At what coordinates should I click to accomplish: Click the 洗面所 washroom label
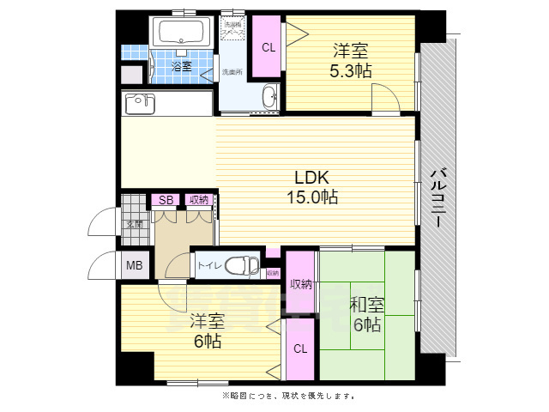point(232,72)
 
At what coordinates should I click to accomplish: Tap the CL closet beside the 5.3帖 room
point(268,47)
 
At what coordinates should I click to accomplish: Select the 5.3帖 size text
point(351,71)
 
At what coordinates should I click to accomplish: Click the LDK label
point(312,178)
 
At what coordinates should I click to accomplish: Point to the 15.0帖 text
point(312,197)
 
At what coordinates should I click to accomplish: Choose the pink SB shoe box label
point(166,200)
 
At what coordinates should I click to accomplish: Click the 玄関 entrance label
point(135,225)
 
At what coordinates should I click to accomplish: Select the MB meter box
point(135,265)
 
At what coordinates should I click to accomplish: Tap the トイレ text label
point(208,266)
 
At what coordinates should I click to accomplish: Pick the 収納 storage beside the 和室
point(299,284)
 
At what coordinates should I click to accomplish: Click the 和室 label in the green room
point(366,305)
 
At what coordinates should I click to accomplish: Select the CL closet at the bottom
point(299,349)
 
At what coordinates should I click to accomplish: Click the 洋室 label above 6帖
point(207,322)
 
